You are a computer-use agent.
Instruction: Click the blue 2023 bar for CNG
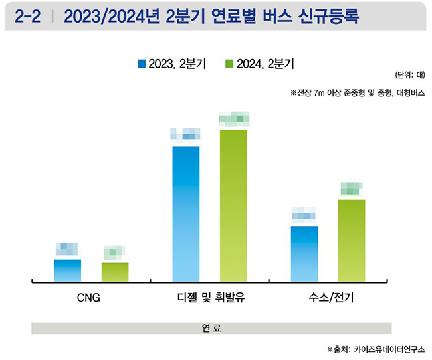(67, 271)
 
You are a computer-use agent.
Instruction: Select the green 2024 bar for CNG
(115, 272)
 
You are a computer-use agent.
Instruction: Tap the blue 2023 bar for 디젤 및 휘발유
(185, 214)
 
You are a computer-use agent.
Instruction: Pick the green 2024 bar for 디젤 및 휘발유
(233, 206)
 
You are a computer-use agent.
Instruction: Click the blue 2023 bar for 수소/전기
(304, 254)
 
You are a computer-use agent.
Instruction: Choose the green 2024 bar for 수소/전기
(352, 240)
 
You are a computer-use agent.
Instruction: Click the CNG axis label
(89, 298)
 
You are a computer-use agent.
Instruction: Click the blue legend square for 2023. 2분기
(141, 64)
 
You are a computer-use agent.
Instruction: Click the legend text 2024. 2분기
(265, 64)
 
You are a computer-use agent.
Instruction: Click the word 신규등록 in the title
(326, 16)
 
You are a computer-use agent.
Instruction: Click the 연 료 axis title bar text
(211, 328)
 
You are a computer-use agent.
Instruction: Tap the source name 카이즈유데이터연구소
(390, 349)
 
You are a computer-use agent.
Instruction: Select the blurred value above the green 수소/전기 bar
(350, 188)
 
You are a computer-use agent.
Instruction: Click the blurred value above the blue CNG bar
(67, 249)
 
